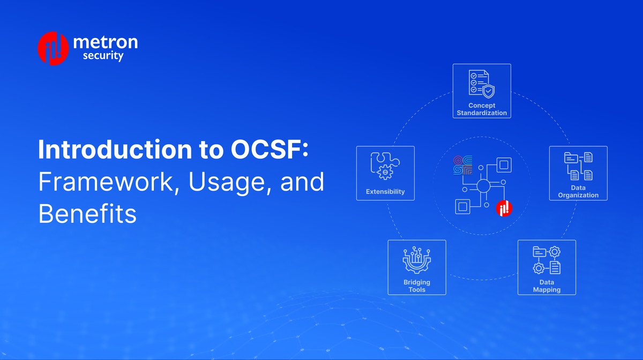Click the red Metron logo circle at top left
tap(53, 48)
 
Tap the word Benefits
tap(87, 214)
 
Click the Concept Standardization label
tap(481, 109)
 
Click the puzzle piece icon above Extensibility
tap(385, 166)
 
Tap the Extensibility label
tap(385, 191)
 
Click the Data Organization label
tap(578, 192)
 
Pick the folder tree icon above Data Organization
tap(578, 166)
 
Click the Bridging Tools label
tap(416, 286)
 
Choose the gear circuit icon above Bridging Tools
tap(416, 260)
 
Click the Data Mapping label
tap(547, 286)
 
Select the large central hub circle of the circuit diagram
tap(482, 187)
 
